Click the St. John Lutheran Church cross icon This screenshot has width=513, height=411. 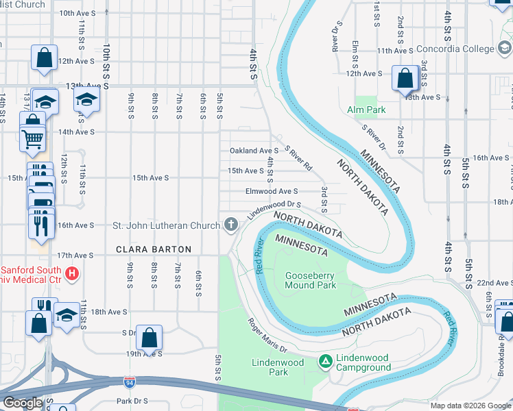coord(231,225)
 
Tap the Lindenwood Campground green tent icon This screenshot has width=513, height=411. coord(326,361)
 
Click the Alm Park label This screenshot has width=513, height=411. coord(366,110)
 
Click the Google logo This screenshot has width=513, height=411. coord(22,403)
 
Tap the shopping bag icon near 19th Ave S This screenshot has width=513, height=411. coord(149,337)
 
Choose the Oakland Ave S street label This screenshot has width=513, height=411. coord(254,151)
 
